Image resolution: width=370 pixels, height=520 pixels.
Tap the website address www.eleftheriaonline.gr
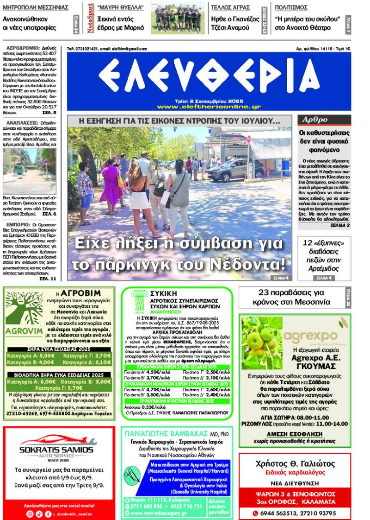(x=209, y=107)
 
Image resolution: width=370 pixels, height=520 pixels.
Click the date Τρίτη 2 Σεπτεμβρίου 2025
(x=209, y=101)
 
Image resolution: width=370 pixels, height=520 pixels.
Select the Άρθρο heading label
(x=314, y=120)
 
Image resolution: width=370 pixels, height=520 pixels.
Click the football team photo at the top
(x=177, y=19)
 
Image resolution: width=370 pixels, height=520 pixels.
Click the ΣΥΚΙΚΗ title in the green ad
(x=164, y=293)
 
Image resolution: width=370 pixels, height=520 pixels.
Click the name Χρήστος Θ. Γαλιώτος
(x=295, y=464)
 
